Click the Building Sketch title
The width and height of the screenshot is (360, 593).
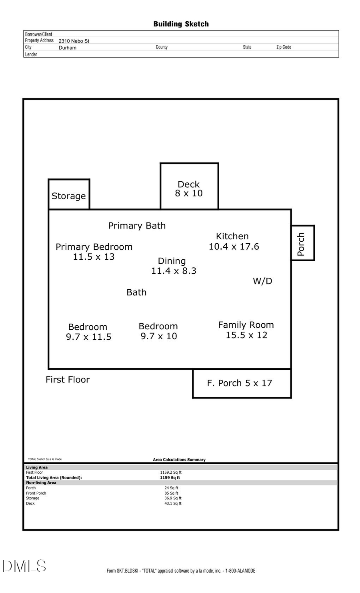click(181, 24)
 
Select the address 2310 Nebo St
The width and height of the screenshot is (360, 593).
click(74, 41)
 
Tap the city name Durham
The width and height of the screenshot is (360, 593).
click(67, 48)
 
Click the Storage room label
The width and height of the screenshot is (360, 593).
click(68, 196)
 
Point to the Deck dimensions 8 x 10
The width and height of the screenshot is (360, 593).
click(189, 193)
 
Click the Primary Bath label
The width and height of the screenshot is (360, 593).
click(137, 226)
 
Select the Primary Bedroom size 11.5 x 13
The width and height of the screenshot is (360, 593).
click(94, 257)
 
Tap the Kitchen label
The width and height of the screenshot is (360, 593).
click(232, 236)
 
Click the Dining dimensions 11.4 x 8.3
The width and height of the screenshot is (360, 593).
click(174, 271)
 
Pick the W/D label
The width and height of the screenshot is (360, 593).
click(262, 281)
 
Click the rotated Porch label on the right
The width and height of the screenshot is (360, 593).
click(301, 244)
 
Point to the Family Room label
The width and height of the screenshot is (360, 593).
click(246, 325)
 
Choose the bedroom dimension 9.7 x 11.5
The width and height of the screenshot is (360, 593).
click(88, 337)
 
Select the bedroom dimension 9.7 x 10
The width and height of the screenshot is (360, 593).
click(158, 336)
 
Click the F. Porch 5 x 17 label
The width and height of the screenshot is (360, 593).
click(239, 383)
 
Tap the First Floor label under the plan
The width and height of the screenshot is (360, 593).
click(68, 379)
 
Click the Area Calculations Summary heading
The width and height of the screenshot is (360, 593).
click(179, 460)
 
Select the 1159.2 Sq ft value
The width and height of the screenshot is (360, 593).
click(171, 473)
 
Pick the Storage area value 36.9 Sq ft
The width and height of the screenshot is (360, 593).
click(173, 498)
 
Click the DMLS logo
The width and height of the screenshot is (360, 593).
click(24, 566)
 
